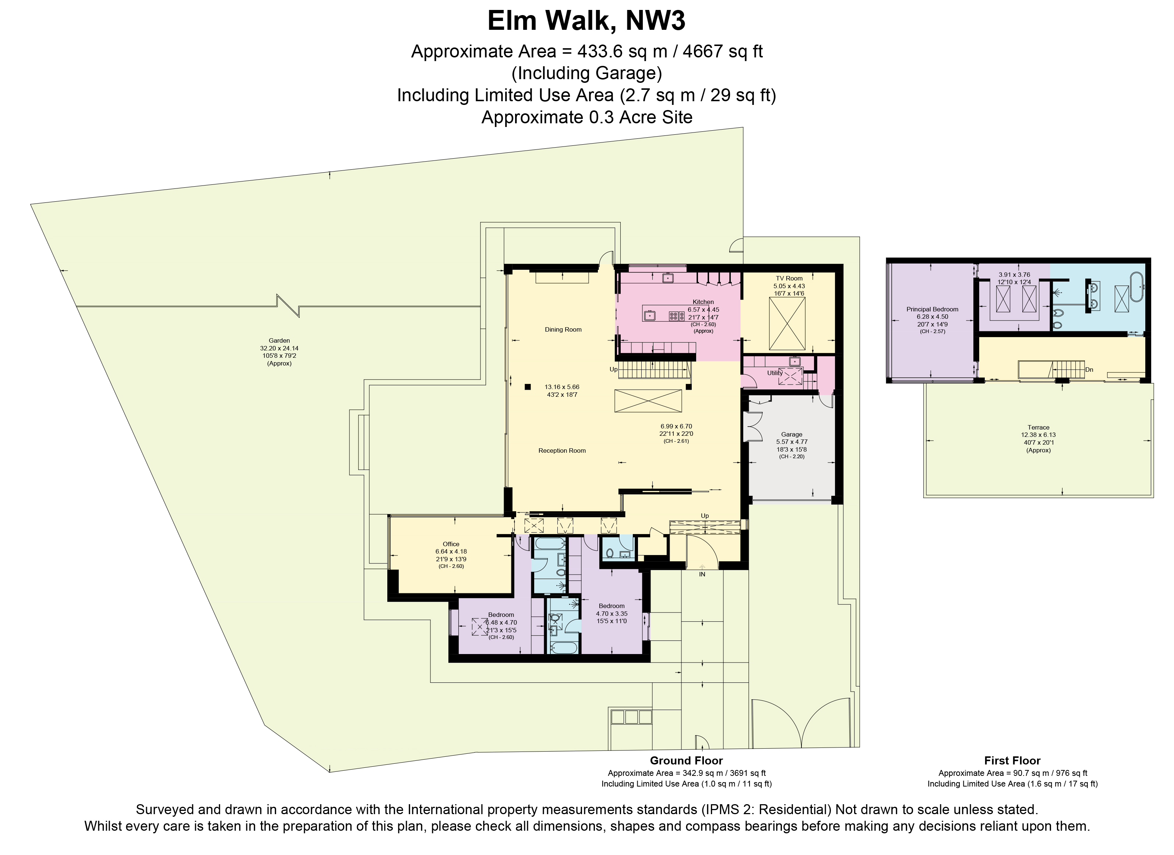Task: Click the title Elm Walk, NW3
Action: tap(586, 22)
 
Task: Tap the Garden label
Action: tap(279, 340)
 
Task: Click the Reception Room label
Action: tap(562, 451)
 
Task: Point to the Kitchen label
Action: tap(703, 302)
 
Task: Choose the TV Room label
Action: tap(789, 279)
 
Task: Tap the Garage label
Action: tap(792, 435)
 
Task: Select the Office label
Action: tap(451, 544)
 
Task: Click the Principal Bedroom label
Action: tap(932, 310)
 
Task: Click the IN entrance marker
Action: tap(702, 575)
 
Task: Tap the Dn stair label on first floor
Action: tap(1089, 370)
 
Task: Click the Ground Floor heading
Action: tap(686, 761)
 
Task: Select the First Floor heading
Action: tap(1012, 761)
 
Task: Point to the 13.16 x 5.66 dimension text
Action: tap(562, 387)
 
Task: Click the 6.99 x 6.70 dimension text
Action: tap(676, 427)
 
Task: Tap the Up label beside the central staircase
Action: tap(613, 370)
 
